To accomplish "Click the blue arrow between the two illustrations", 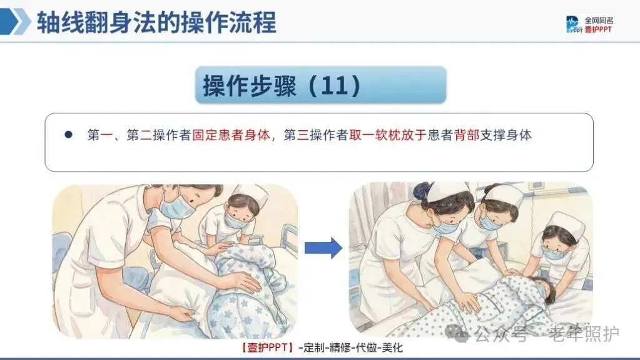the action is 323,248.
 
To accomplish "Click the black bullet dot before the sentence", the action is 68,135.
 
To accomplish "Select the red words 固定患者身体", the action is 231,135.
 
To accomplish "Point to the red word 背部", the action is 467,135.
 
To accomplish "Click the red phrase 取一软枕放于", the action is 388,135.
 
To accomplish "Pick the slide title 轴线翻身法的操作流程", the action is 157,22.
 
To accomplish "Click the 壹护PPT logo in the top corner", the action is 589,24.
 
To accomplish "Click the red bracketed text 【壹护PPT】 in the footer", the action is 267,347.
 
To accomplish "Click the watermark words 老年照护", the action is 584,334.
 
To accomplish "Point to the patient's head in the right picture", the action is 543,289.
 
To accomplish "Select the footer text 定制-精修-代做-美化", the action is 350,347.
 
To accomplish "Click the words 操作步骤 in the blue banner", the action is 250,85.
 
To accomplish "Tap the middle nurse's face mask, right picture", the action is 489,222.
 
